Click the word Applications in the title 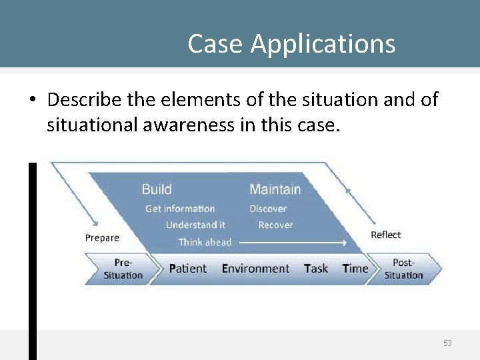(x=323, y=45)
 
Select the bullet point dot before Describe (x=32, y=101)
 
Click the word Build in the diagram (x=157, y=189)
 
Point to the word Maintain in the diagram (x=275, y=189)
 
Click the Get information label (x=180, y=209)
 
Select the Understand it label (x=195, y=225)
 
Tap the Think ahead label (x=205, y=242)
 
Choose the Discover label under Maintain (x=268, y=209)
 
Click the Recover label (x=275, y=225)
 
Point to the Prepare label (x=102, y=237)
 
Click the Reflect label (x=386, y=235)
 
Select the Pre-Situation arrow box (x=123, y=269)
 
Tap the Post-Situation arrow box (x=404, y=269)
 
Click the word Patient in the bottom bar (x=188, y=269)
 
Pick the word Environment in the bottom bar (x=255, y=269)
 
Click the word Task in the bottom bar (x=316, y=269)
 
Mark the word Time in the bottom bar (x=355, y=269)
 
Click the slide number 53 (x=447, y=343)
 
